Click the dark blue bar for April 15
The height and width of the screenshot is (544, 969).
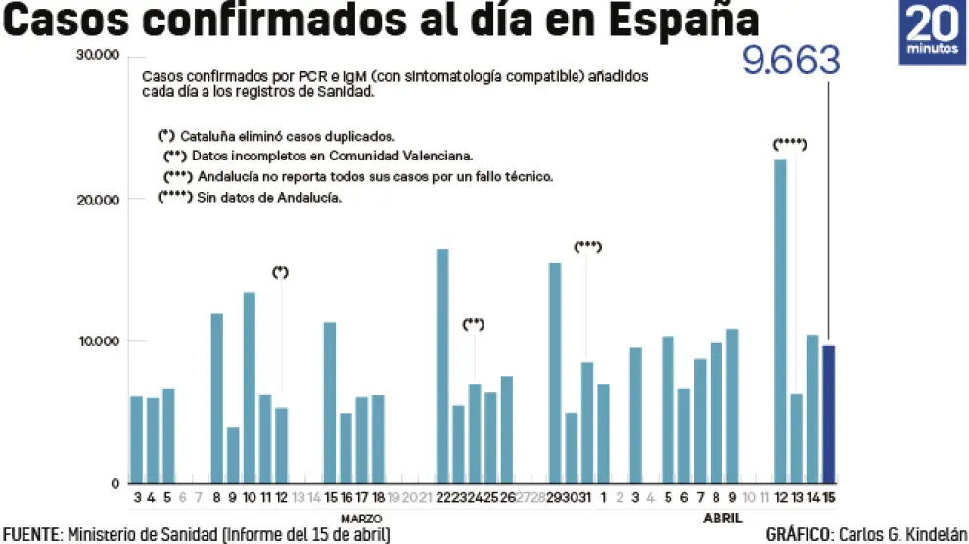pos(828,415)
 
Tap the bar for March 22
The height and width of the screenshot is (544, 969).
pos(442,367)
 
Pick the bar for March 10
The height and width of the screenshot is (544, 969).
pos(250,387)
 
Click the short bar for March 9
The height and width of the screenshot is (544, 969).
pos(233,455)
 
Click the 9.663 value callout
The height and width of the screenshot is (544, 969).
pos(791,62)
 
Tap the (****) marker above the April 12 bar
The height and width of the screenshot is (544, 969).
pos(789,144)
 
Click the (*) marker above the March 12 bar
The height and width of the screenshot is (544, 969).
pos(281,272)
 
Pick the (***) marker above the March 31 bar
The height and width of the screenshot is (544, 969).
pos(586,247)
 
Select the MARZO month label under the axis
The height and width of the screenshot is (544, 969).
pos(360,518)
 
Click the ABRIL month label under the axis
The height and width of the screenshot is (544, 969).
pos(721,518)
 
